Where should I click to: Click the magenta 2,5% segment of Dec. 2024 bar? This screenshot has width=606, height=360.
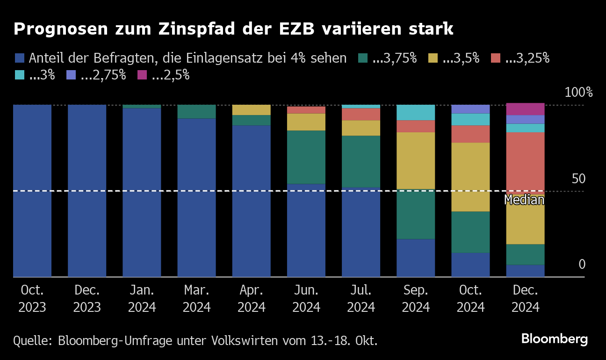(525, 109)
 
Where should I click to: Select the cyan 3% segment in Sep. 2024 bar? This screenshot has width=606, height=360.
(416, 113)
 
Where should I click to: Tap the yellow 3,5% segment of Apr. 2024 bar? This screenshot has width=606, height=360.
(251, 110)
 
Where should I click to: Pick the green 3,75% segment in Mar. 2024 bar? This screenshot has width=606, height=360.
(196, 112)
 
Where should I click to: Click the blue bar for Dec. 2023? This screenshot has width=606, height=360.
(87, 191)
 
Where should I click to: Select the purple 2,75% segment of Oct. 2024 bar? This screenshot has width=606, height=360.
(470, 109)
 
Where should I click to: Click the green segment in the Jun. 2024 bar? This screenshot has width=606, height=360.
(306, 157)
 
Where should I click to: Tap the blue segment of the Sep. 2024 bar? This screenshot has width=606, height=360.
(416, 258)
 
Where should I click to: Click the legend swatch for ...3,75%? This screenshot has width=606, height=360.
(363, 58)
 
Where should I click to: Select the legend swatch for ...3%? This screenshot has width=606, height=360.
(20, 75)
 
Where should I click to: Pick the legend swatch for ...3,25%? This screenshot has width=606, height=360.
(496, 58)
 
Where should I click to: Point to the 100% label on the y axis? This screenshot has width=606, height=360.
(578, 92)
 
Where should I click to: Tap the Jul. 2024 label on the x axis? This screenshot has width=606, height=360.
(361, 299)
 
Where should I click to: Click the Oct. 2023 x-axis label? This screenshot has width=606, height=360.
(32, 299)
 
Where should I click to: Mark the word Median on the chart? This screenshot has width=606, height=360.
(524, 200)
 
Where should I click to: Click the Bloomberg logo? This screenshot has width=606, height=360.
(554, 339)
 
